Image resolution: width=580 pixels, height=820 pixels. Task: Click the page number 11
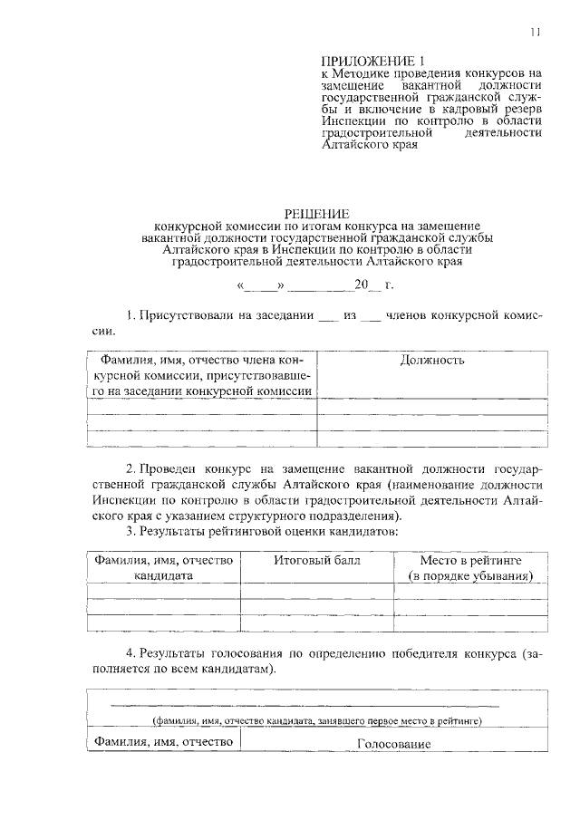536,34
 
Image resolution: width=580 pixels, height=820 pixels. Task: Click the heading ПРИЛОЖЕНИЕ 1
366,60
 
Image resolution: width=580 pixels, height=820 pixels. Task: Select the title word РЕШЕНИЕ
317,213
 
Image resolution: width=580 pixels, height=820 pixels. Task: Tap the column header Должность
432,360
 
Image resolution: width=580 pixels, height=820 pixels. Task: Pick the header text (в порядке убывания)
469,575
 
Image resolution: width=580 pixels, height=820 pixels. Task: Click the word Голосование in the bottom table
393,745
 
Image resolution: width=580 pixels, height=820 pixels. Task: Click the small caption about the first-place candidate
316,720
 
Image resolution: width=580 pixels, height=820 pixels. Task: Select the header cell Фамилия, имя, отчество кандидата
164,567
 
